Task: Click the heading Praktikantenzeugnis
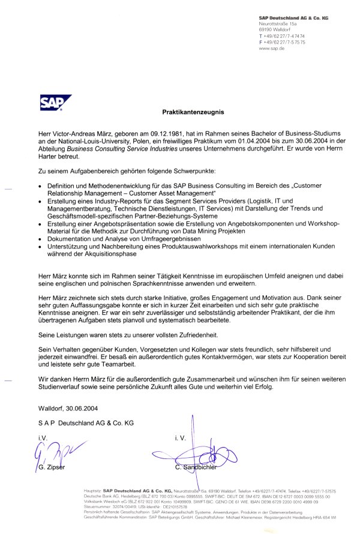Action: (192, 112)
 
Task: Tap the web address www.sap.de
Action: (272, 48)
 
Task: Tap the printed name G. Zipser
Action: (50, 466)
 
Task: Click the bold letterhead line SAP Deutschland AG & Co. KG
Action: (293, 19)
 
